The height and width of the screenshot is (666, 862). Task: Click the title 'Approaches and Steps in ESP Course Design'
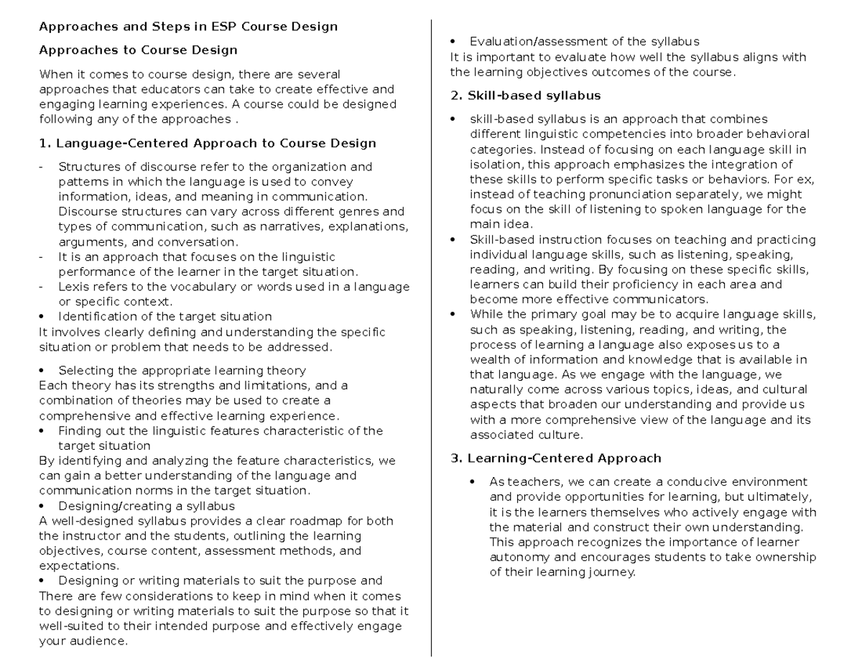(188, 27)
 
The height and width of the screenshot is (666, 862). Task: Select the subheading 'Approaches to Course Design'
(138, 50)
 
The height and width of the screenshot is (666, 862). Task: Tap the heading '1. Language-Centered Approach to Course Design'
(208, 143)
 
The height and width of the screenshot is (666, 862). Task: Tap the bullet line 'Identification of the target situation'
(164, 316)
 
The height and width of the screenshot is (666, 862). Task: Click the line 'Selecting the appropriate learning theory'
(182, 371)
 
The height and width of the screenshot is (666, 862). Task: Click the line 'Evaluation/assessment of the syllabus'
(584, 42)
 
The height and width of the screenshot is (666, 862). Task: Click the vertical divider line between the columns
(431, 338)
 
